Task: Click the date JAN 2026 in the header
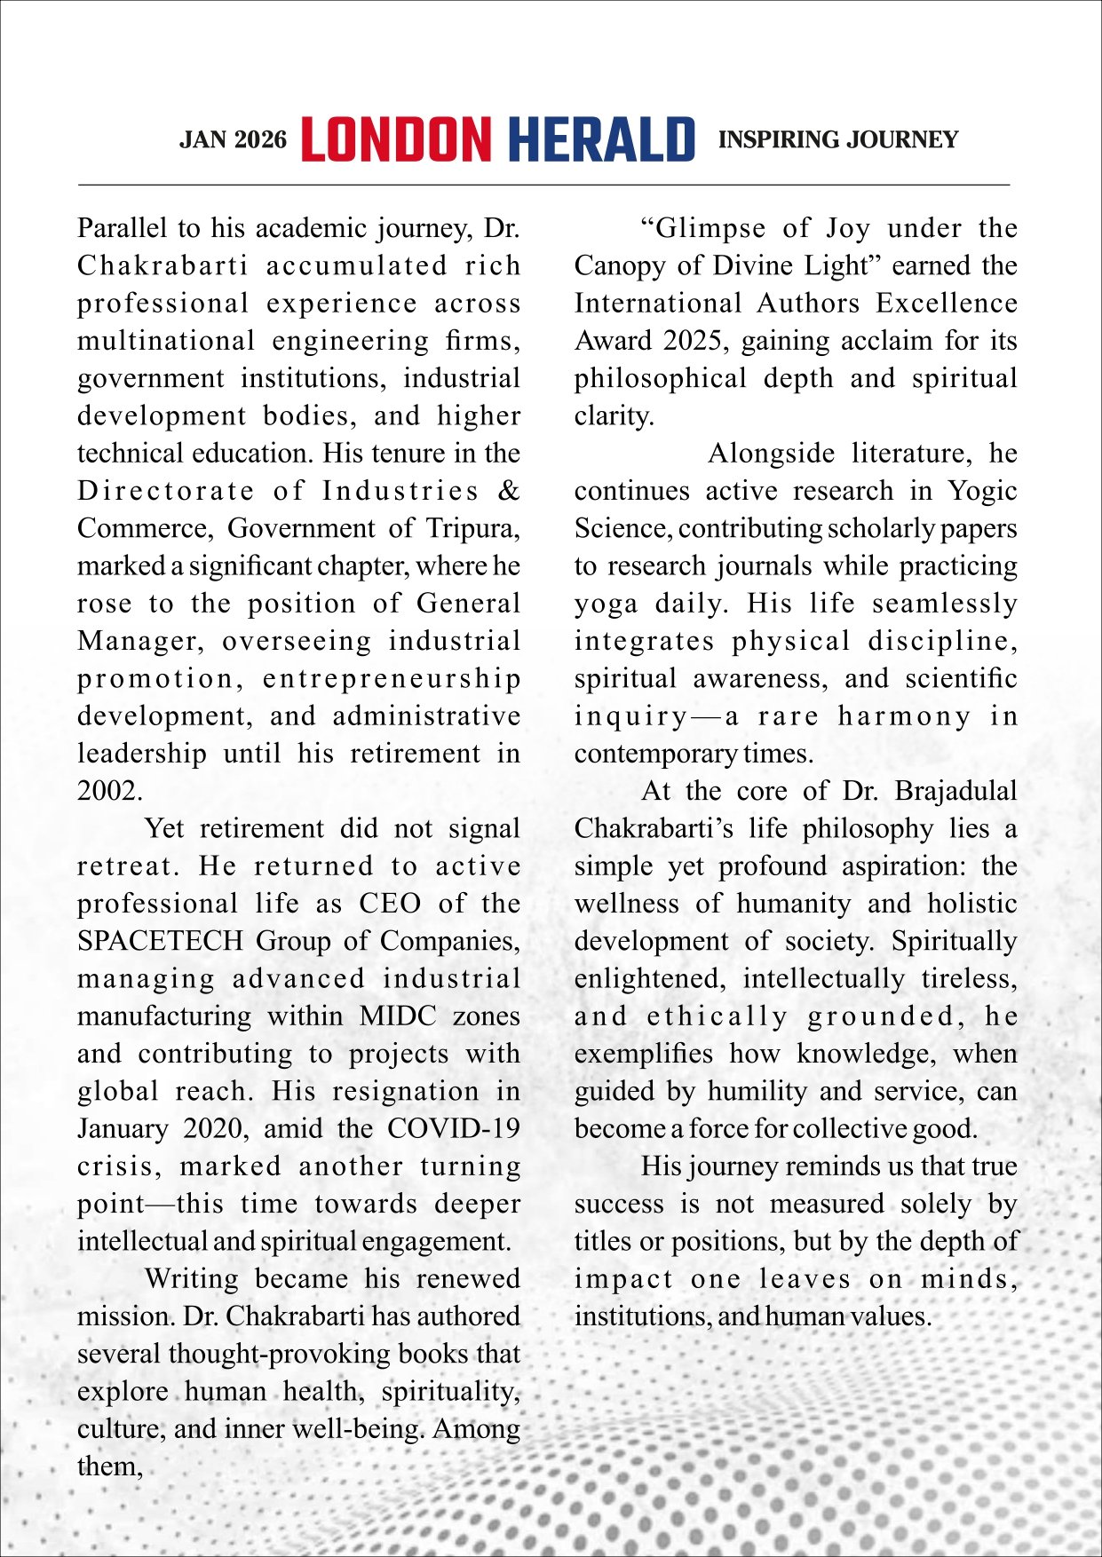(233, 140)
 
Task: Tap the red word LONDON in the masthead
(396, 140)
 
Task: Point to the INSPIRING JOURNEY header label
(837, 140)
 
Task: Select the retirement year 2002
(108, 791)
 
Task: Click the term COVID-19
(453, 1129)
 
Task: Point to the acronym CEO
(390, 904)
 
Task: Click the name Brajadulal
(955, 791)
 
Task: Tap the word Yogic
(982, 491)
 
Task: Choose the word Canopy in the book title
(614, 266)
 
